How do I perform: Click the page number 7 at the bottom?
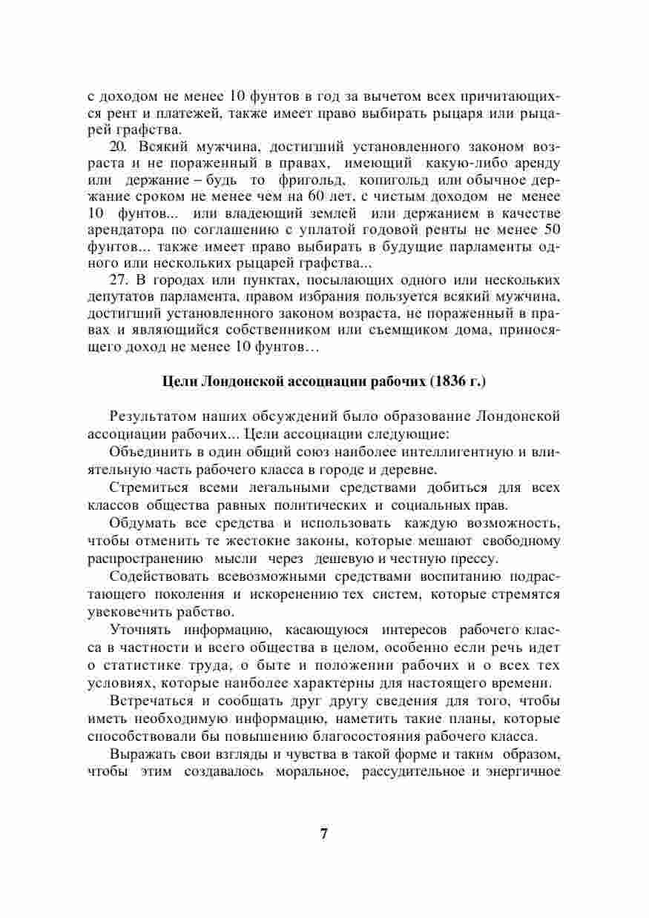pyautogui.click(x=323, y=833)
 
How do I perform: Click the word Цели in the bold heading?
pyautogui.click(x=178, y=382)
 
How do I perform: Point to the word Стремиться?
pyautogui.click(x=146, y=488)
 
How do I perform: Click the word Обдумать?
pyautogui.click(x=140, y=523)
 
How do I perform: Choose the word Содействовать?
pyautogui.click(x=157, y=576)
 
